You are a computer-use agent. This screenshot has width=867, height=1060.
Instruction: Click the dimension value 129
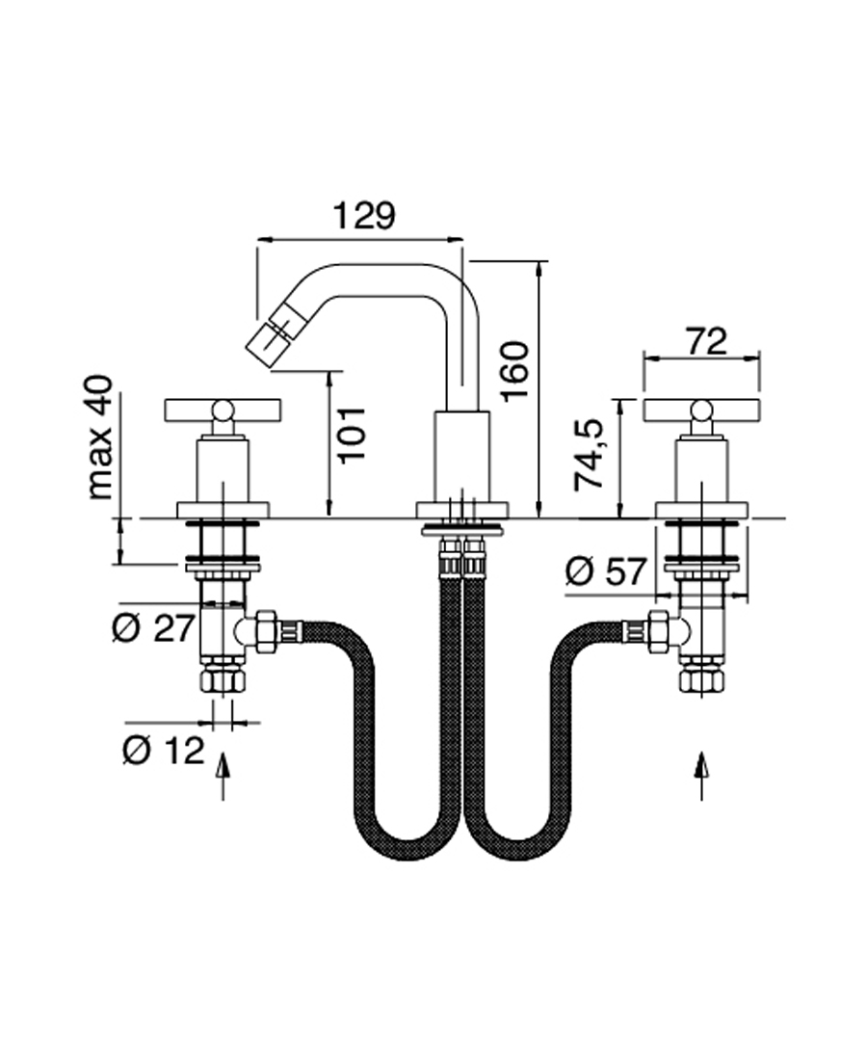(363, 215)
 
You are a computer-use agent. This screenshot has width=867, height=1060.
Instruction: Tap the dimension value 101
(354, 431)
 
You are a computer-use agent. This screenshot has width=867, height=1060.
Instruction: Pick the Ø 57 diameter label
(605, 572)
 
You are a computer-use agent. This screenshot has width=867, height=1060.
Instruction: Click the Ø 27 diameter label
(153, 629)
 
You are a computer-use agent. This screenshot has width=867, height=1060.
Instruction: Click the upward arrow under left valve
(223, 777)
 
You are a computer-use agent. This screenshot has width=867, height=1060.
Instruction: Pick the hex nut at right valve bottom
(700, 680)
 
